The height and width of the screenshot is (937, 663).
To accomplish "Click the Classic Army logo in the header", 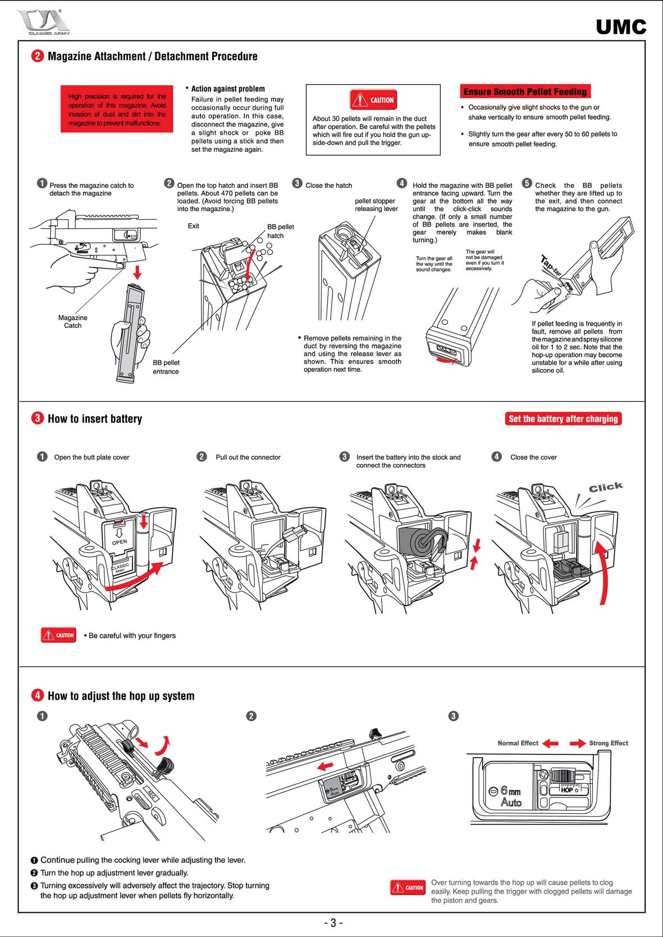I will (43, 23).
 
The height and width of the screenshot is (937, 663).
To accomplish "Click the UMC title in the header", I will (621, 26).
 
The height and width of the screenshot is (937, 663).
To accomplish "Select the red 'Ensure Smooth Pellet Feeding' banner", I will (525, 92).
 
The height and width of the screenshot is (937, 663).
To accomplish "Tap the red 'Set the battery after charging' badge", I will (563, 419).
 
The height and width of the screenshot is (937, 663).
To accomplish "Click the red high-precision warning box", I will (117, 110).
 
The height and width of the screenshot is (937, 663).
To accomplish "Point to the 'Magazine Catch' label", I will (72, 321).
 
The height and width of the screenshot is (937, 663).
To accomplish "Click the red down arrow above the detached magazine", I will (136, 272).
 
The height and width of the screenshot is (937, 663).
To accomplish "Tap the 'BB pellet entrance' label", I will (166, 367).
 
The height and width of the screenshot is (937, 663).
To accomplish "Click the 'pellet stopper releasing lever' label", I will (376, 204).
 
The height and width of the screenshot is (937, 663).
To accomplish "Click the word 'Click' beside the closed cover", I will (605, 487).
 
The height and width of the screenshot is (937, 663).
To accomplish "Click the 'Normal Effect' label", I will (518, 743).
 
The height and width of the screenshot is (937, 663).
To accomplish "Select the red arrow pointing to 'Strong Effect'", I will (578, 743).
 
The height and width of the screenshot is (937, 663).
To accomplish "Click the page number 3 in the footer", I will (332, 923).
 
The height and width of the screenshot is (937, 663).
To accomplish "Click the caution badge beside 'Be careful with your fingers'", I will (58, 635).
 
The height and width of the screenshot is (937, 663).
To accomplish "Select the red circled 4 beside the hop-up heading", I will (38, 695).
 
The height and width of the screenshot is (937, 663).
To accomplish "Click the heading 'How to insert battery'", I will (94, 419).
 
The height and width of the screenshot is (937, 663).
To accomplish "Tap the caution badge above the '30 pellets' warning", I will (373, 100).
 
